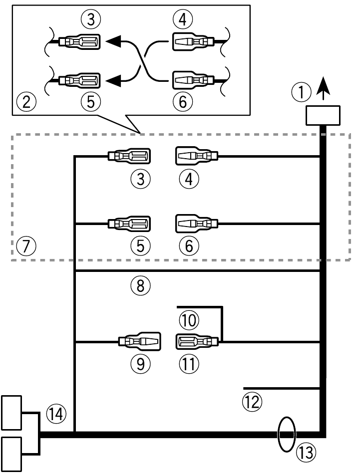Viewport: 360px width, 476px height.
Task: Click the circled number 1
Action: click(x=301, y=91)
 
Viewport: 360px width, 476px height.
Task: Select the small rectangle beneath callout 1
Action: click(x=324, y=116)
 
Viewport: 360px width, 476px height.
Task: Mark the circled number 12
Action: click(x=252, y=401)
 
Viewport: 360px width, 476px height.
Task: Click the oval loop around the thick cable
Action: click(x=286, y=434)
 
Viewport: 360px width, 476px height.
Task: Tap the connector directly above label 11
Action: click(x=197, y=342)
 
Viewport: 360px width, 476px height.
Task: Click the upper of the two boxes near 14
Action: click(x=12, y=412)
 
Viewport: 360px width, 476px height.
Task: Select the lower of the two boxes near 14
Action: click(x=12, y=453)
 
